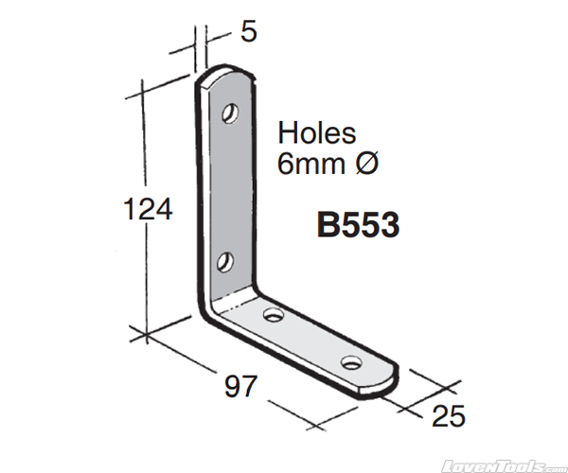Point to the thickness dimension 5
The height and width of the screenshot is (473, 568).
[248, 31]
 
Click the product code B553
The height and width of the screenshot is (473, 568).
[357, 227]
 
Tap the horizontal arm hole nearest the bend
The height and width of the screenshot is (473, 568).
[274, 314]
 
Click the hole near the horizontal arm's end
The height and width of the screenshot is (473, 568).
[352, 362]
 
